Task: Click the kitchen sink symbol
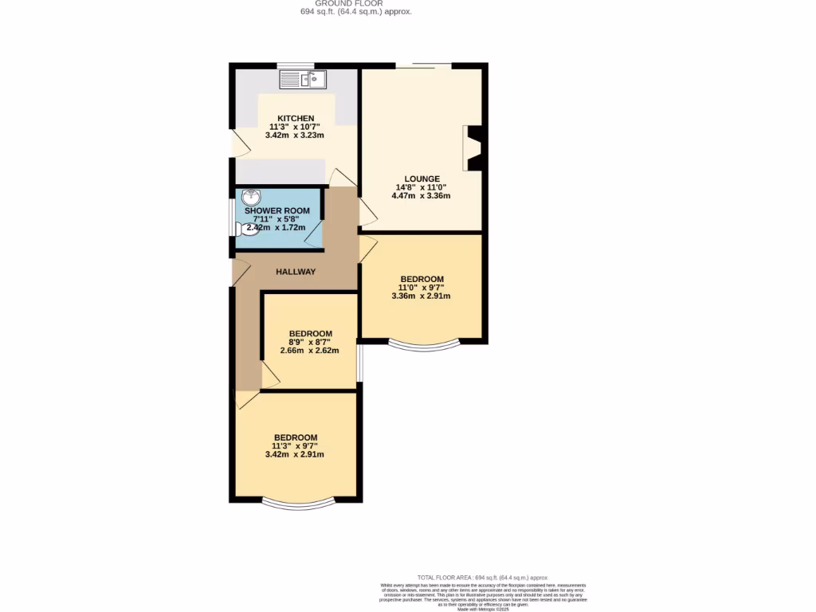[x=303, y=79]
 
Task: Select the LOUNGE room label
[x=422, y=178]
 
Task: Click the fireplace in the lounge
[x=474, y=148]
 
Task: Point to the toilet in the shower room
[x=244, y=229]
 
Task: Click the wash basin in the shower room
[x=250, y=196]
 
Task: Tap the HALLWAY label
[x=296, y=272]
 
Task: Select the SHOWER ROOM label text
[x=277, y=210]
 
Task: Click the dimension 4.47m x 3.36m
[x=422, y=196]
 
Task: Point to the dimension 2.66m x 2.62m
[x=310, y=351]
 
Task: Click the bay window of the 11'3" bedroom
[x=296, y=504]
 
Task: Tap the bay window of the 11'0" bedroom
[x=424, y=346]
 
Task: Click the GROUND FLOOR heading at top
[x=355, y=3]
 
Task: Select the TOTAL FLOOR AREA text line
[x=483, y=577]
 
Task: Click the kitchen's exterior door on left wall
[x=233, y=143]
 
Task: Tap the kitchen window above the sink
[x=296, y=65]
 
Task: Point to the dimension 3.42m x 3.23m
[x=296, y=136]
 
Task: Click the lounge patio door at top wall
[x=423, y=65]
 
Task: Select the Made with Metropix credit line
[x=483, y=609]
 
